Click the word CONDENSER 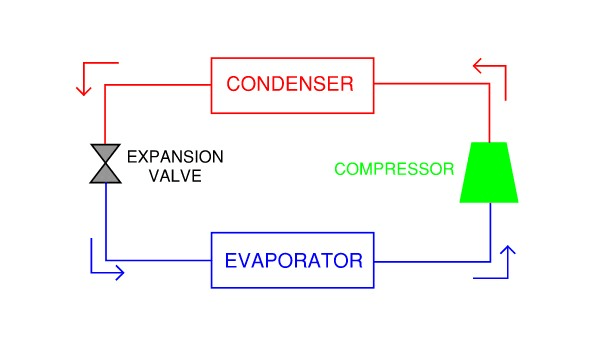(290, 84)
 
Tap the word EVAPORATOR (293, 261)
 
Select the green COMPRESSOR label (394, 169)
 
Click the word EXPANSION (175, 157)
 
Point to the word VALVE (175, 176)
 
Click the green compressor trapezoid (489, 173)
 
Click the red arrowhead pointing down (83, 91)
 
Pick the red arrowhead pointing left (477, 66)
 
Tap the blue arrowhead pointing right (120, 273)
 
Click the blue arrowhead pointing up (508, 250)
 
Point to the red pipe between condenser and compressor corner (432, 83)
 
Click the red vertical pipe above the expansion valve (105, 114)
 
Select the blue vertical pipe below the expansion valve (106, 222)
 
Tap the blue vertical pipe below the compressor (491, 232)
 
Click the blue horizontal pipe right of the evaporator (432, 262)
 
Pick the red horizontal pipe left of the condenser (158, 85)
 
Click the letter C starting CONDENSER (233, 84)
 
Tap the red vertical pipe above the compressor (489, 113)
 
